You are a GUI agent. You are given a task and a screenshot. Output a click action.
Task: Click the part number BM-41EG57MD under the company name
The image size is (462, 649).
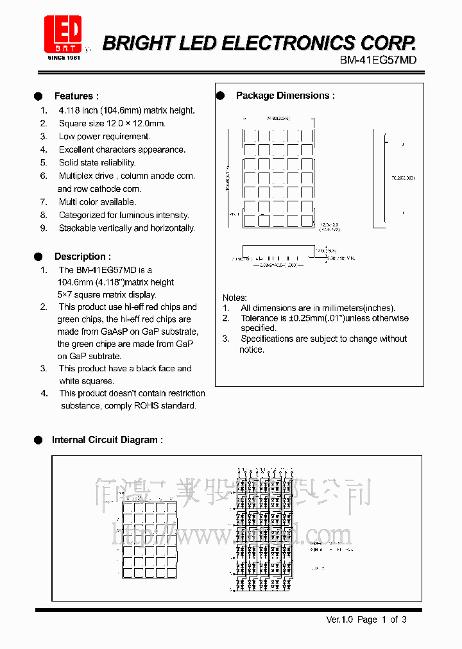378,60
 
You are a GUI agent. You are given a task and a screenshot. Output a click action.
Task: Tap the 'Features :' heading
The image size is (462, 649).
76,96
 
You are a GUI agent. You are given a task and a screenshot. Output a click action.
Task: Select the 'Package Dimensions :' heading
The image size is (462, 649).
285,96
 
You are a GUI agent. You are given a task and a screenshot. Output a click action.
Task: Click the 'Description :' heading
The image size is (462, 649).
82,257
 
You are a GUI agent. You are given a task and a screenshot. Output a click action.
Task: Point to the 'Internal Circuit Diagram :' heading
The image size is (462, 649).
107,440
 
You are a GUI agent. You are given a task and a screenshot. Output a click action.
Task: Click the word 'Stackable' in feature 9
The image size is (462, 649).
78,228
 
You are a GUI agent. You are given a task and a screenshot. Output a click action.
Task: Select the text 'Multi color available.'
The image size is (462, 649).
97,202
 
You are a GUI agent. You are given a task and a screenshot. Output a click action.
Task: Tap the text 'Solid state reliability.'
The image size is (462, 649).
97,163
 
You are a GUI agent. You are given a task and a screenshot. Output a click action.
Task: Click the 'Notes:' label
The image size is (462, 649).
234,298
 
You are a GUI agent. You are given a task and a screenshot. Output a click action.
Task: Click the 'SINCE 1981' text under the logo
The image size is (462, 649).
64,58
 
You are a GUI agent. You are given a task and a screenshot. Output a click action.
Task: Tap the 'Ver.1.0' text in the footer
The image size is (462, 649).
339,619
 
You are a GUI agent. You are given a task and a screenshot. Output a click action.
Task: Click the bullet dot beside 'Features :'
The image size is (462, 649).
38,96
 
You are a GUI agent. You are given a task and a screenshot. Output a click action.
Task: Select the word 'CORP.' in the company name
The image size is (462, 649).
387,43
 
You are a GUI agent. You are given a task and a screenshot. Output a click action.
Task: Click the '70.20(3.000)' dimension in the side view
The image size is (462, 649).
402,178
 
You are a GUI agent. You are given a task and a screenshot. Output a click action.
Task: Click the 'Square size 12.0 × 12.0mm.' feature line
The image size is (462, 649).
112,123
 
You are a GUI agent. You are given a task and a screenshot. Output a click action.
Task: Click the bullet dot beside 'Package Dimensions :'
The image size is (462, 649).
220,96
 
